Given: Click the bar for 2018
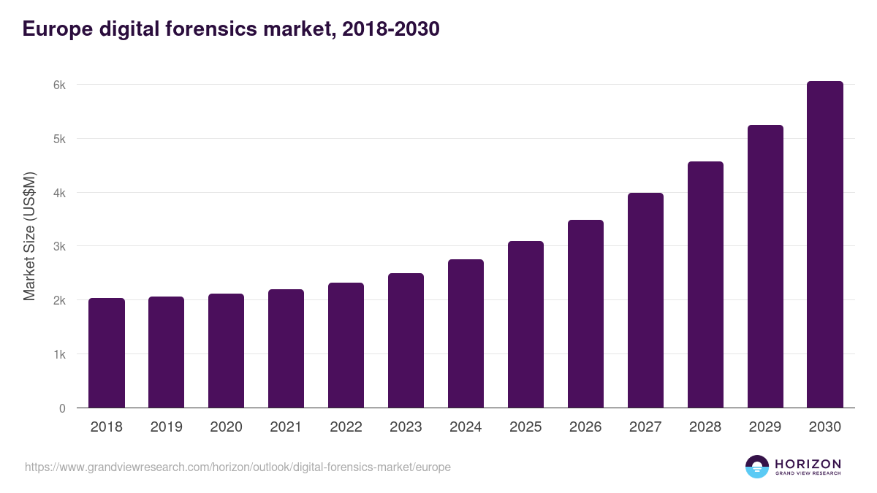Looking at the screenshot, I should point(107,353).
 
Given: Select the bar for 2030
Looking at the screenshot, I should point(824,245).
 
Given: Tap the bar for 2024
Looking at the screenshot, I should point(466,334).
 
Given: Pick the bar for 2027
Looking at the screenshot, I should point(645,300).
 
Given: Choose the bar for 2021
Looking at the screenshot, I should point(286,348).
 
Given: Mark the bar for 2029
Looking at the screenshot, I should point(765,267).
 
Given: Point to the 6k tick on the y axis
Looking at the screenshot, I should point(60,85).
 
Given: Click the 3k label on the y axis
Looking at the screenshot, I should point(60,247).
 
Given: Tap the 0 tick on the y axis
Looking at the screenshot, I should point(62,408).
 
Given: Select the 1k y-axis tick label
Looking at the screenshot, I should point(60,354).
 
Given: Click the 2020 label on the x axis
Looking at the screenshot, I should point(226,427).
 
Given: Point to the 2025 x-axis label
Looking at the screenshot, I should point(525,427).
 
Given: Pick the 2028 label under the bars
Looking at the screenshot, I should point(705,427).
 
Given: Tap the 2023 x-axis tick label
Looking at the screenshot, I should point(406,427).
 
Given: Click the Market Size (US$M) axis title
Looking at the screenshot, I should point(29,236).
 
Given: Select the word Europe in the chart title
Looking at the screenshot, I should point(58,29).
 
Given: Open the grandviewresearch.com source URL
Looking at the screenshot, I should point(238,467).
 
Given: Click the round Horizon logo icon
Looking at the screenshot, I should point(757,467).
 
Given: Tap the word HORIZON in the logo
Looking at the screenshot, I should point(808,464).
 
